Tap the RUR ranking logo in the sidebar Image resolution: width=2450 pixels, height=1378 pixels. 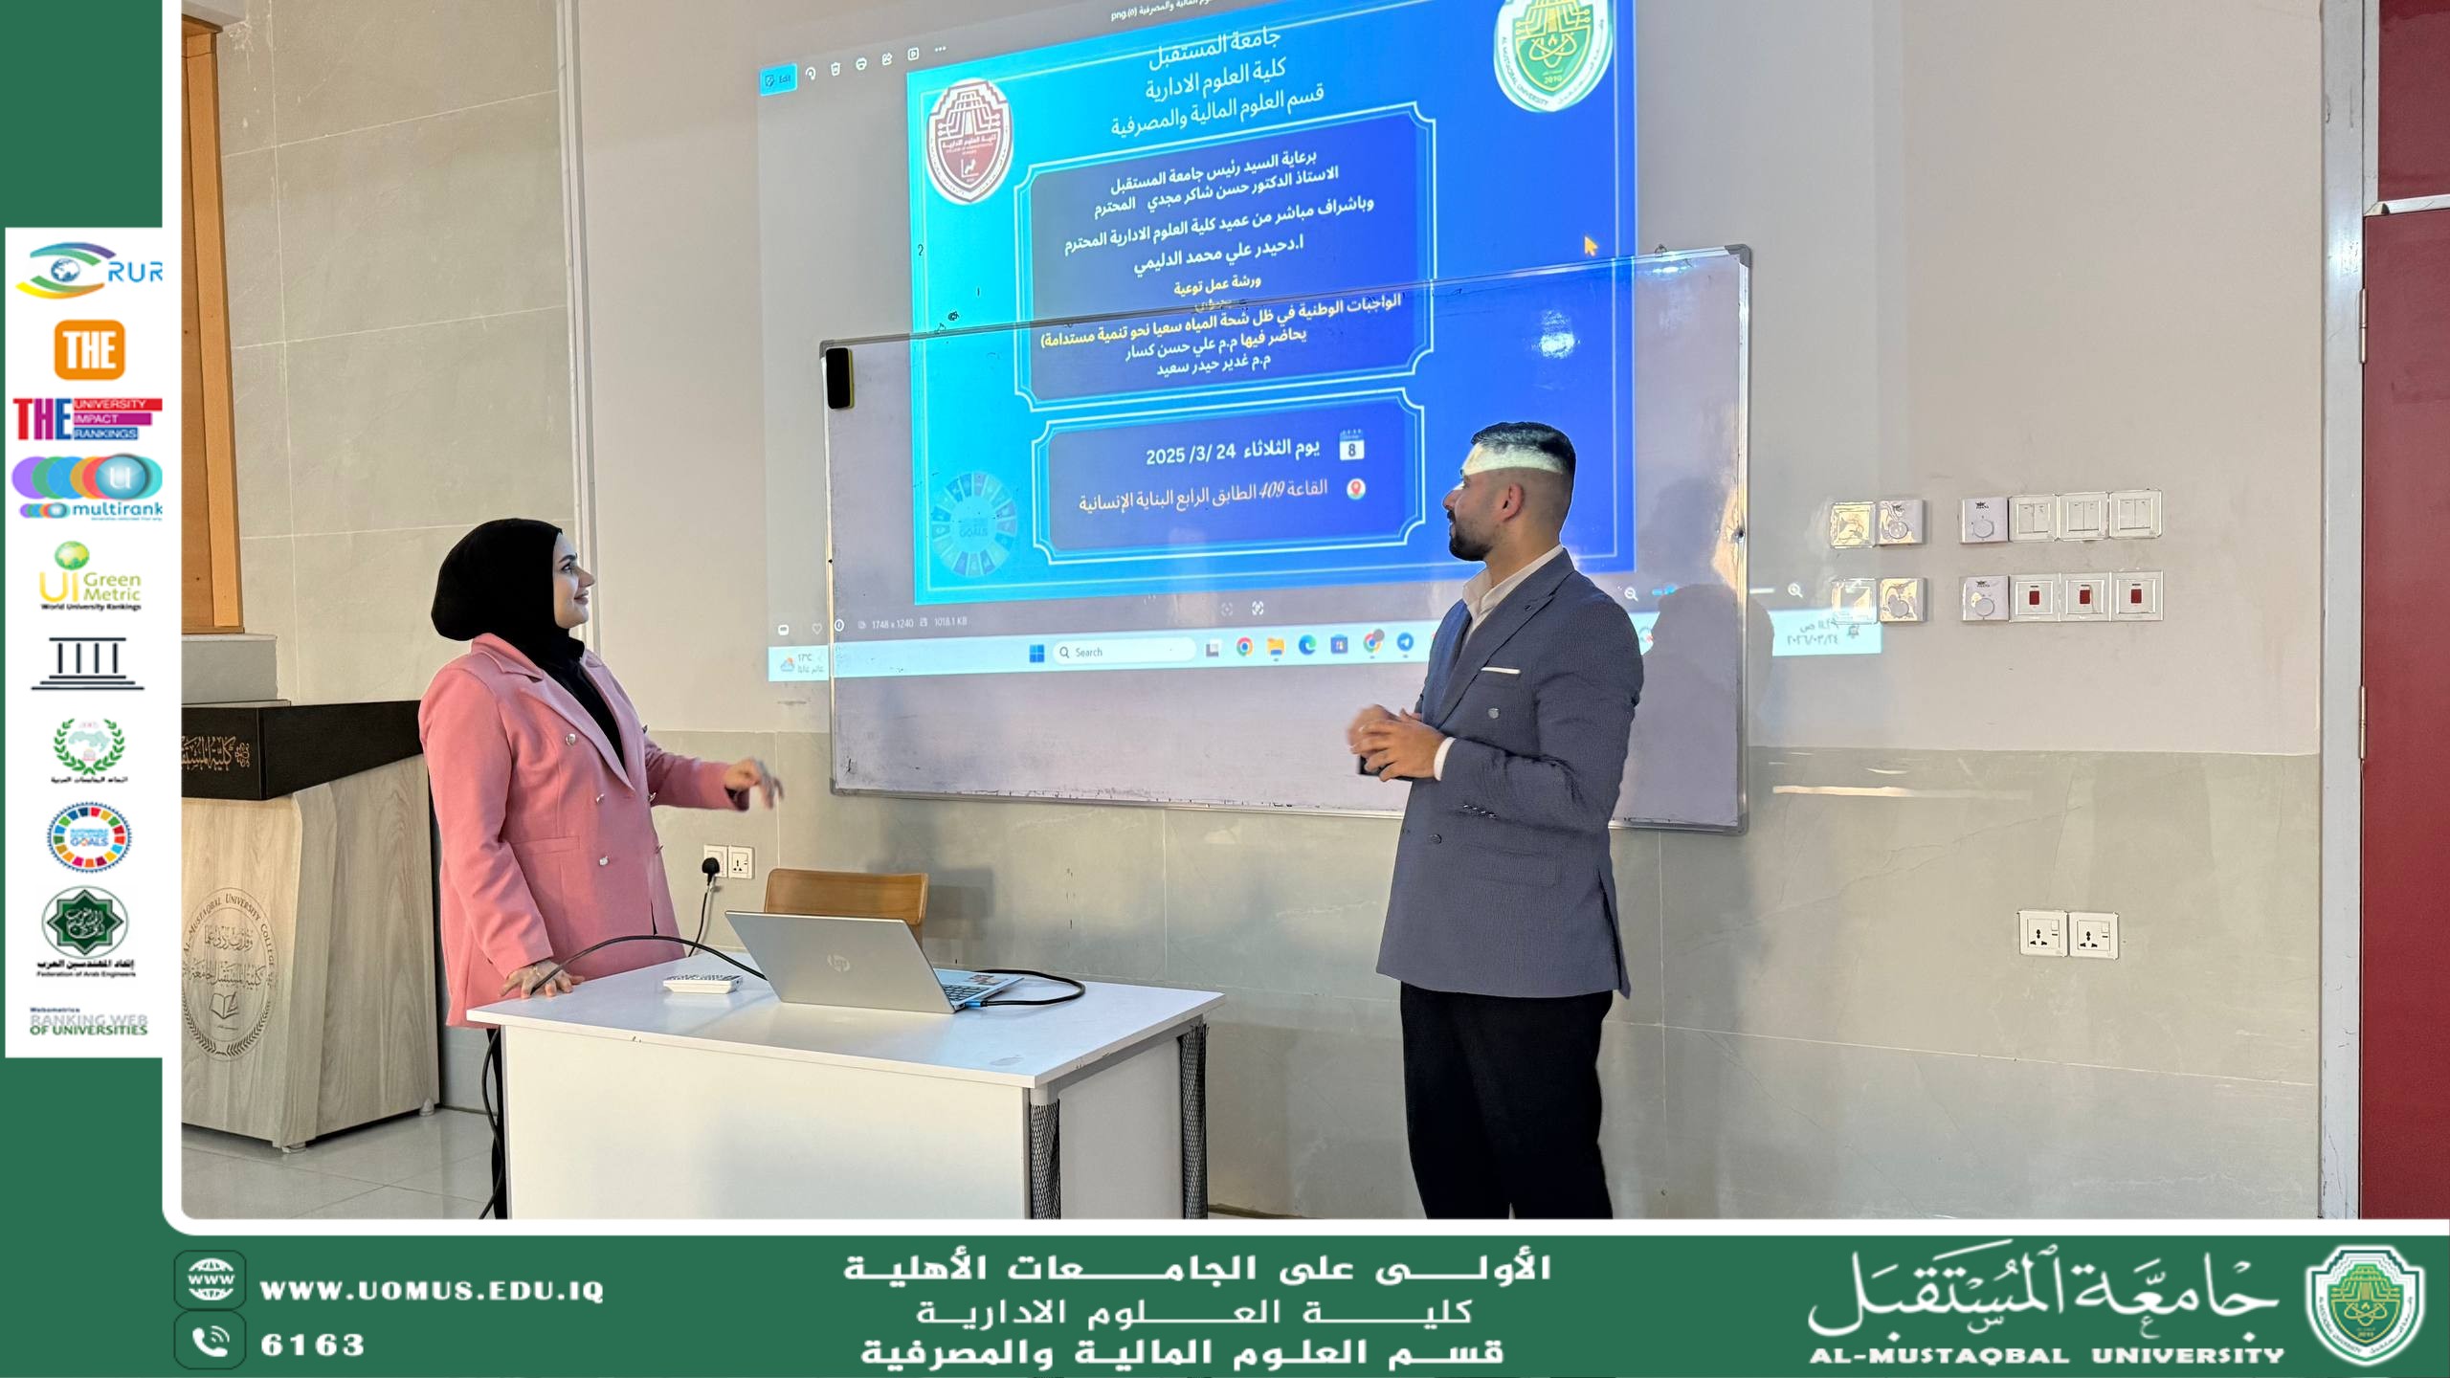[89, 270]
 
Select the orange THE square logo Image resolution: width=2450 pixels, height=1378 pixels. [89, 349]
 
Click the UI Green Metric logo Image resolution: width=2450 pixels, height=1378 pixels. [90, 576]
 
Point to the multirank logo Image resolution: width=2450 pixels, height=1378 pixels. [88, 487]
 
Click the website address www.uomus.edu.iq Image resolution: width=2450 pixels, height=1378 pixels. [432, 1291]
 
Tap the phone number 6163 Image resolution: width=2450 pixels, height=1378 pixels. [313, 1345]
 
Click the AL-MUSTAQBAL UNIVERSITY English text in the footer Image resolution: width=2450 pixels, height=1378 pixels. [2046, 1356]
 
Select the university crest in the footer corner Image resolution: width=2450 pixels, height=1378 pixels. [2364, 1306]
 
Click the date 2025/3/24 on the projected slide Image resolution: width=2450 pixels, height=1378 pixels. [1191, 453]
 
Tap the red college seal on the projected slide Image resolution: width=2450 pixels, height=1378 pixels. [969, 142]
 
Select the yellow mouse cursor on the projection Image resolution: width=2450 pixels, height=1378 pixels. [1590, 246]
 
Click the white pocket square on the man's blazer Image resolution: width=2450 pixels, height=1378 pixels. [1500, 671]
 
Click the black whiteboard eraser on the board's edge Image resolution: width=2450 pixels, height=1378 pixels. [838, 377]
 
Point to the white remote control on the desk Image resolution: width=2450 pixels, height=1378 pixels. [703, 983]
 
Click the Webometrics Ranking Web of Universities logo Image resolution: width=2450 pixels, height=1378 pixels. [88, 1023]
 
